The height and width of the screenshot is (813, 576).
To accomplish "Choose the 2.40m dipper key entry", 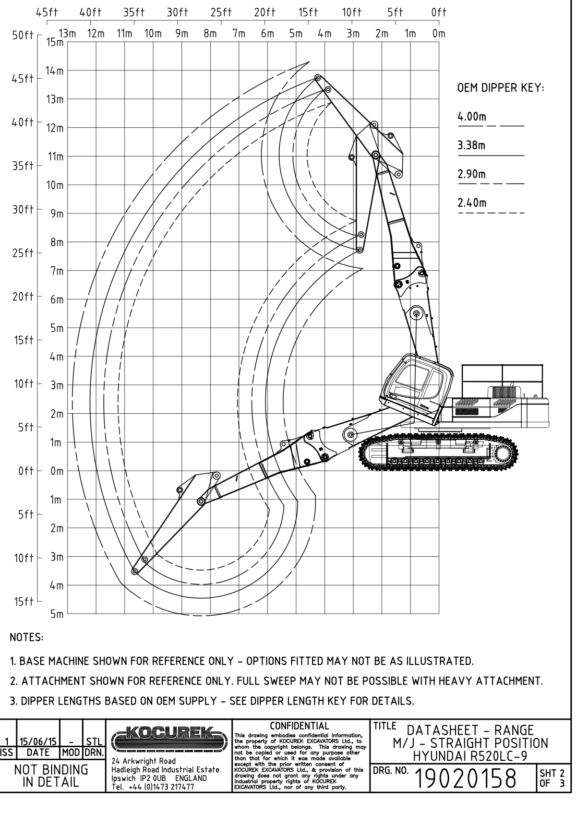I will click(x=472, y=203).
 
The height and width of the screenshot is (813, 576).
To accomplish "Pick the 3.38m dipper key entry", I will click(x=472, y=145).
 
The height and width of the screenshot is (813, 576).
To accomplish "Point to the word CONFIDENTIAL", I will click(x=299, y=725).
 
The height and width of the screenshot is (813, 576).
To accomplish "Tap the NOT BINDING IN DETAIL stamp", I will click(x=51, y=776).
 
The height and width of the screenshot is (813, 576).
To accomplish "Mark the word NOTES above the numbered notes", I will click(x=27, y=637).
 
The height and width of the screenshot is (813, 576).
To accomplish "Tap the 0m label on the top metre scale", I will click(x=439, y=34).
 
